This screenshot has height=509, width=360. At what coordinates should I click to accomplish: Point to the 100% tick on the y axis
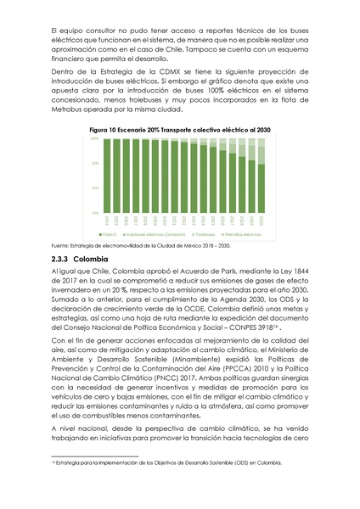[94, 138]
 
